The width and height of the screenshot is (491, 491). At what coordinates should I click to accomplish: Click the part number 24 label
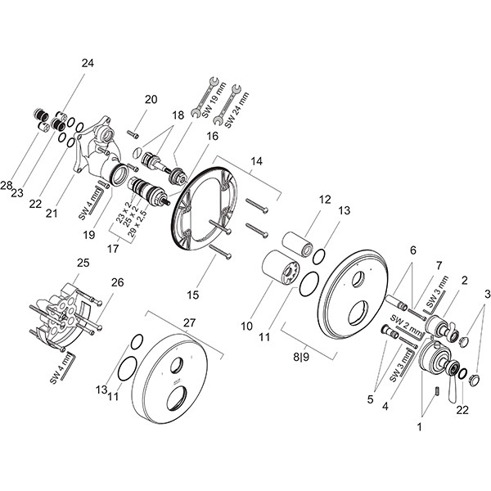[x=88, y=63]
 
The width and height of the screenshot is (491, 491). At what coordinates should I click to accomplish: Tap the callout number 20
[x=151, y=99]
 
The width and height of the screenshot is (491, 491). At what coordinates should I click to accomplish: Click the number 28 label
[x=7, y=187]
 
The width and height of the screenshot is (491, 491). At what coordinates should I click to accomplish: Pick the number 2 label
[x=463, y=281]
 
